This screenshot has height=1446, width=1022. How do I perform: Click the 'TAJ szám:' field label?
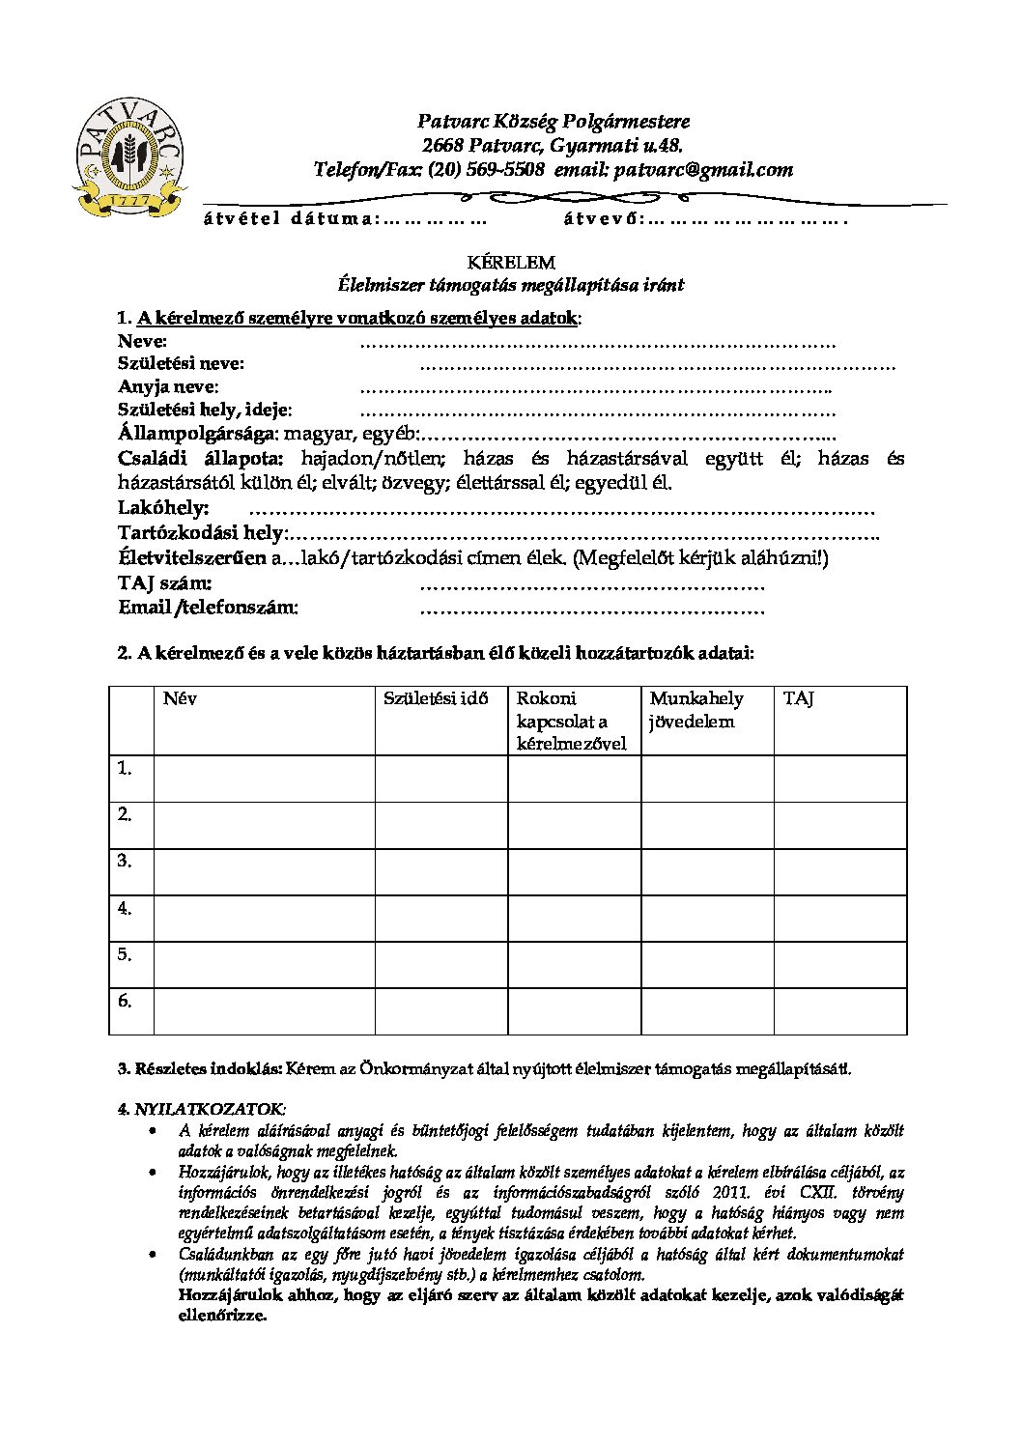(165, 583)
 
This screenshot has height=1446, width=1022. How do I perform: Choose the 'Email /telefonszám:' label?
(208, 608)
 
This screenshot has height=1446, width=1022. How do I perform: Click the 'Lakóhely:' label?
(163, 508)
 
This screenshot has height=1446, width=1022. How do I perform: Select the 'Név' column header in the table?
(180, 698)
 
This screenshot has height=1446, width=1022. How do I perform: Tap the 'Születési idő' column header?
(436, 698)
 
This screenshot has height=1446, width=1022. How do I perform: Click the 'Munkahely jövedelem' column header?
(696, 710)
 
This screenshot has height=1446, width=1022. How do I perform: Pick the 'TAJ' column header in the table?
(798, 698)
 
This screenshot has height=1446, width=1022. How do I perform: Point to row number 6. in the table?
(125, 1001)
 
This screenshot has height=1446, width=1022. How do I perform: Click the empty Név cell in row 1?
(264, 779)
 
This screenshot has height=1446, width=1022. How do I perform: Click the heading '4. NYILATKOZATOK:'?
(202, 1109)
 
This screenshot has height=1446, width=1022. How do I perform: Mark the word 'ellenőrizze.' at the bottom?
(222, 1316)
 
